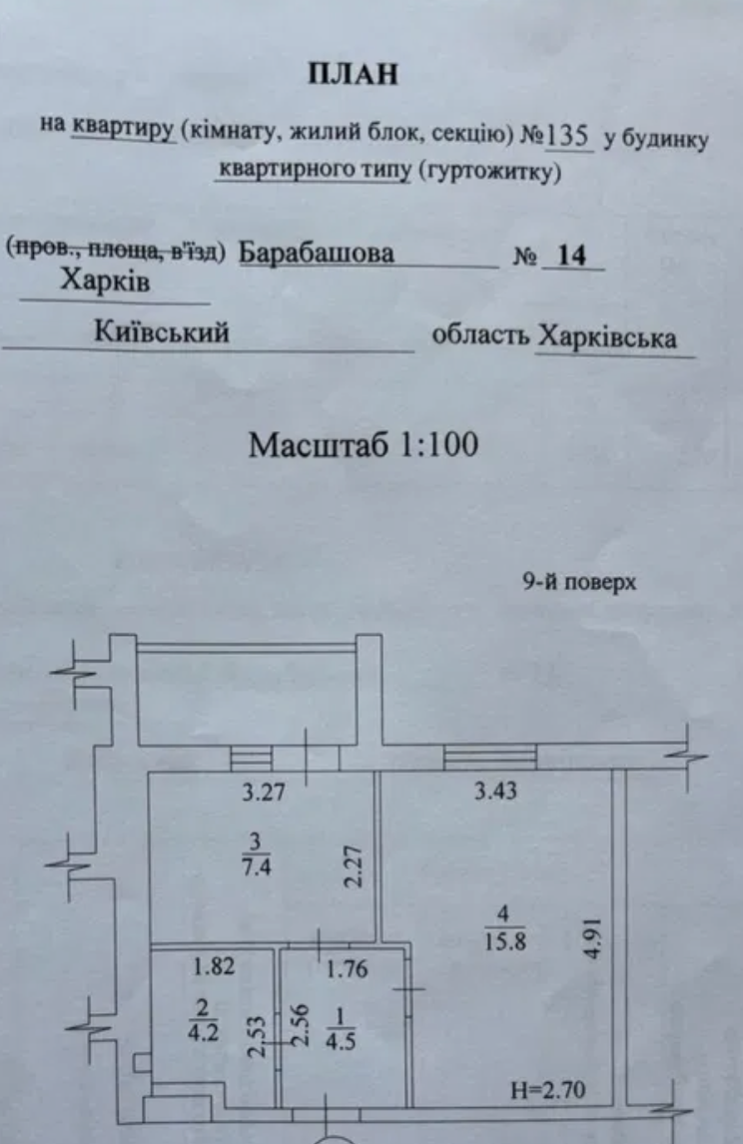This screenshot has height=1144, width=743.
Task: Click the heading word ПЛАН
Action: point(354,75)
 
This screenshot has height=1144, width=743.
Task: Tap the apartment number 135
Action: point(568,136)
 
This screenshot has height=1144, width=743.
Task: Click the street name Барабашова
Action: point(316,254)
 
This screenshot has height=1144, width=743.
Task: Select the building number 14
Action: point(571,256)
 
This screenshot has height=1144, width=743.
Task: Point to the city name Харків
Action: point(105,281)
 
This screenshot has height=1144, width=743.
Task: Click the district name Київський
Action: point(162,332)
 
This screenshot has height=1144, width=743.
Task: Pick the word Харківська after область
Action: point(607,337)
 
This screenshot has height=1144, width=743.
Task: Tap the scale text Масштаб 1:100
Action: point(364,444)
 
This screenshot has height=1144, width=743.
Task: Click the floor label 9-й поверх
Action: point(579,582)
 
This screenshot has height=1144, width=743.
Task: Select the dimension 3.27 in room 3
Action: point(264,792)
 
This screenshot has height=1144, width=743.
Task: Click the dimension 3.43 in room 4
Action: point(495,791)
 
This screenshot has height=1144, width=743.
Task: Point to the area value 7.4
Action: point(257,867)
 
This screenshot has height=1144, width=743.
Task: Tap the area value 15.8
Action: point(505,941)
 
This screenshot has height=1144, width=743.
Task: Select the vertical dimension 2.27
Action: point(354,866)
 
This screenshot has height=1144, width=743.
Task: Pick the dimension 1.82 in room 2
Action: point(214,966)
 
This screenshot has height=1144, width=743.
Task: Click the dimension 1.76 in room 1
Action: point(347,969)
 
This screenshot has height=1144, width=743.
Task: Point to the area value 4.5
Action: point(341,1040)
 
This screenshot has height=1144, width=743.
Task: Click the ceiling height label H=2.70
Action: point(548,1091)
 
